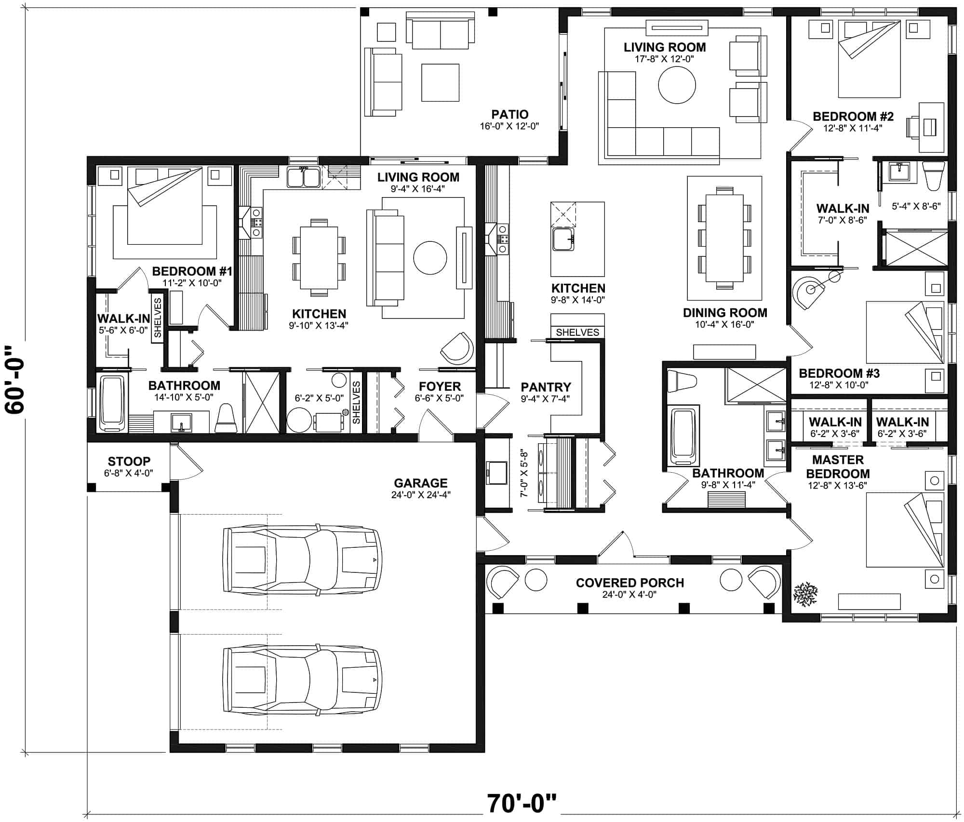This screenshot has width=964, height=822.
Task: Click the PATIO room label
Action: (x=509, y=115)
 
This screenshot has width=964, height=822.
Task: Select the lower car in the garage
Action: (x=303, y=680)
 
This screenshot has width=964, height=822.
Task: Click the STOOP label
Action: (x=129, y=461)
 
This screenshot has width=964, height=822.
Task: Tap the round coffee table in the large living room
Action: (x=677, y=85)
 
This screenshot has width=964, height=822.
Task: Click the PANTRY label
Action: (x=546, y=387)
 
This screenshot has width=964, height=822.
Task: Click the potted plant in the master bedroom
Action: (x=805, y=594)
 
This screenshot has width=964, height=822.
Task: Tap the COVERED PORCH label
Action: (x=629, y=583)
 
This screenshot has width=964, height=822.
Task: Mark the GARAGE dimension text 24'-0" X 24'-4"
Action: (x=421, y=495)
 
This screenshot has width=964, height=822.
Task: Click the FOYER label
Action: (x=440, y=386)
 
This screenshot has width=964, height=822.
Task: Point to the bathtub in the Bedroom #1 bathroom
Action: (x=112, y=404)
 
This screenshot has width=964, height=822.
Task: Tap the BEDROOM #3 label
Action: (x=839, y=373)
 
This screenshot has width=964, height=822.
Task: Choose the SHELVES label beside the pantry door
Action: (x=577, y=332)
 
